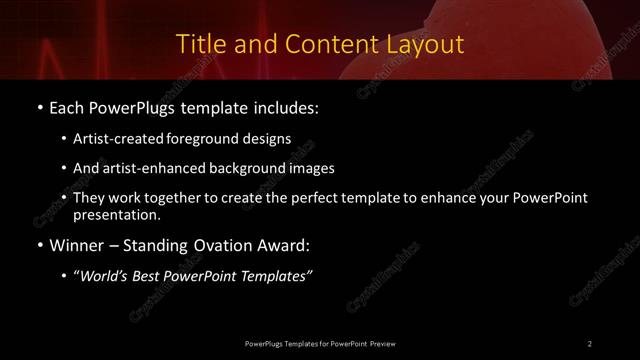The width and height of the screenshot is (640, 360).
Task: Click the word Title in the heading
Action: point(200,44)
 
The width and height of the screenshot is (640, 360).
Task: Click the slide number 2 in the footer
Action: point(590,343)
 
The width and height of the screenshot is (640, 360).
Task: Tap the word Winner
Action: point(76,245)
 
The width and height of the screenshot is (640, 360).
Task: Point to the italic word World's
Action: point(106,276)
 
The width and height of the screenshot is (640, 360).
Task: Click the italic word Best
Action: point(151,276)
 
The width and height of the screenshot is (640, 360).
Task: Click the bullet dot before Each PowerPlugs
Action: point(38,107)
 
